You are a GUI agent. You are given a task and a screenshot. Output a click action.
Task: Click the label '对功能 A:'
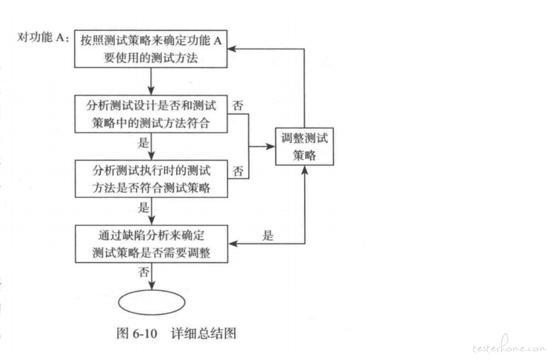44,37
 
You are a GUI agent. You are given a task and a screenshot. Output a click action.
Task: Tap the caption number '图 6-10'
137,333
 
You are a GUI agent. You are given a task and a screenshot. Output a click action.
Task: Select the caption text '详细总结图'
204,333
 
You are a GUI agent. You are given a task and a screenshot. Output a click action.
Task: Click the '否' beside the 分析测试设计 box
238,105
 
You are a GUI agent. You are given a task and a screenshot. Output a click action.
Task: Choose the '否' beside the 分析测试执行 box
238,171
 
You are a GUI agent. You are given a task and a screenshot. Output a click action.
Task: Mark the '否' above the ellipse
144,272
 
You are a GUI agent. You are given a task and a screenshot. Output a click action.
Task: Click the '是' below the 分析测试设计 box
143,142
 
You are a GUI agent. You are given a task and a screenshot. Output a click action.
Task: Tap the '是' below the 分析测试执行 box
144,207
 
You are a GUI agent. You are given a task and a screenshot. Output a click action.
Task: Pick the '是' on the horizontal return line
268,236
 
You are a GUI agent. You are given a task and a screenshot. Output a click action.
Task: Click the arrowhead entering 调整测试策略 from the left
271,146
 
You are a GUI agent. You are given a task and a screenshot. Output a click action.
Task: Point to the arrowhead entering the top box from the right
232,49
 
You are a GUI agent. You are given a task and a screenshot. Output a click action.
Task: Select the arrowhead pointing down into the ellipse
152,285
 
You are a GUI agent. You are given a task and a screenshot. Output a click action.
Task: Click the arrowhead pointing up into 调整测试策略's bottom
305,170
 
